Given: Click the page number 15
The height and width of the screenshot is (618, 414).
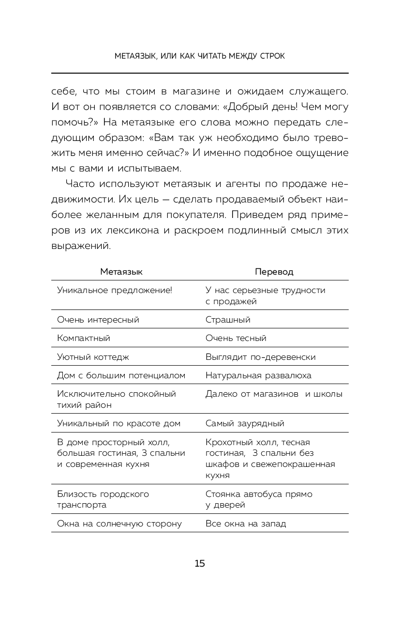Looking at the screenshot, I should (200, 563).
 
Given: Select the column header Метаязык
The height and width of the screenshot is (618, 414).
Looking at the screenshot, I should (121, 272).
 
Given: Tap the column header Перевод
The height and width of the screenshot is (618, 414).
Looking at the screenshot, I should (274, 272).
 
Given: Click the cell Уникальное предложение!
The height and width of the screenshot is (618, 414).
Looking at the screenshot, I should (115, 290).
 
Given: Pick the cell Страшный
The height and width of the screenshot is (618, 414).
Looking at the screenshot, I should (228, 320).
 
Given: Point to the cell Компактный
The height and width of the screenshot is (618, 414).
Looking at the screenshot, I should (84, 338).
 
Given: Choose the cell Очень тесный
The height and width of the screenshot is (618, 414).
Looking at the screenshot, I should (236, 338).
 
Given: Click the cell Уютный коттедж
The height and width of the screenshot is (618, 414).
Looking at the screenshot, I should (93, 357).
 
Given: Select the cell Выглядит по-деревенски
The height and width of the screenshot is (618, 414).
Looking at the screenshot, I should (261, 357).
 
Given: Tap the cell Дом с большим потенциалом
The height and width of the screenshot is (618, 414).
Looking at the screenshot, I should (121, 375).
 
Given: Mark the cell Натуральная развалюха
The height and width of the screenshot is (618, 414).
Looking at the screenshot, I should (258, 375).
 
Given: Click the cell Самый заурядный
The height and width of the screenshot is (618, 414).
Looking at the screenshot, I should (245, 423).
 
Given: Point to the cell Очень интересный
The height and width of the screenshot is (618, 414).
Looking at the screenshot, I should (98, 320).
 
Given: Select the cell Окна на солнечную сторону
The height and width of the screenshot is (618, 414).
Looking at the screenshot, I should (119, 524).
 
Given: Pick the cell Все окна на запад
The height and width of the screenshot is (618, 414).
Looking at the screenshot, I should (246, 524).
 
